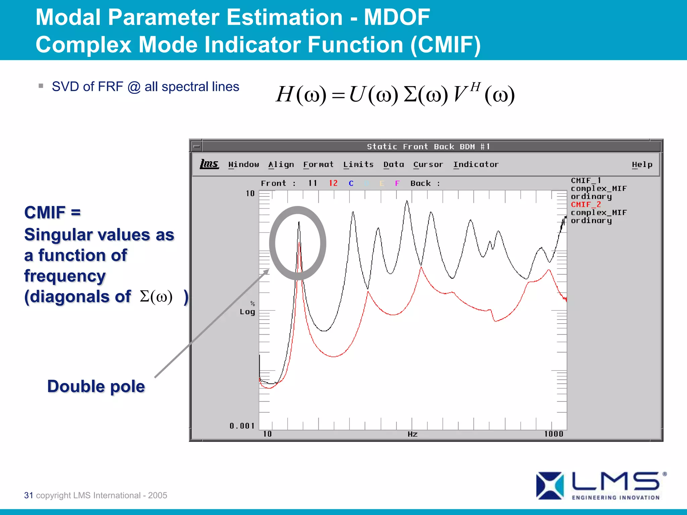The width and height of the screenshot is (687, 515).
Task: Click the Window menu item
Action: (x=244, y=164)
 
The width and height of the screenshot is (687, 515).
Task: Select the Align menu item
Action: (x=281, y=164)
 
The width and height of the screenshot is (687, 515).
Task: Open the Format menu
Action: (x=318, y=164)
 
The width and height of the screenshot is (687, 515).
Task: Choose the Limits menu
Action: (x=358, y=164)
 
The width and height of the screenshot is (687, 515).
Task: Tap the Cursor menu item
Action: (x=428, y=164)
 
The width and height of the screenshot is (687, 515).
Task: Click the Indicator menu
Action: (x=476, y=164)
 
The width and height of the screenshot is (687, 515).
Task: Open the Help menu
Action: (x=642, y=164)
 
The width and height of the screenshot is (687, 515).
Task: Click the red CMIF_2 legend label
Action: (x=586, y=205)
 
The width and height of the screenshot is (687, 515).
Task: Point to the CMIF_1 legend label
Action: (x=586, y=180)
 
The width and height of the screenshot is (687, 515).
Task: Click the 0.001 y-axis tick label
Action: (x=242, y=426)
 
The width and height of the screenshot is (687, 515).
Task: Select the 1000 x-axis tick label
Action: (x=553, y=434)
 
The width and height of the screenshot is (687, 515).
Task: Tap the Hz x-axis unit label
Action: (x=413, y=434)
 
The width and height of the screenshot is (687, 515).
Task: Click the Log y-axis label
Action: (x=247, y=312)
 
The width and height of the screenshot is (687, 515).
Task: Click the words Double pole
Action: (x=96, y=386)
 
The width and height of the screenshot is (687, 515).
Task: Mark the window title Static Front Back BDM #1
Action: (x=428, y=147)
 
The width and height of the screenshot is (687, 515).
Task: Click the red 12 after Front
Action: (x=333, y=183)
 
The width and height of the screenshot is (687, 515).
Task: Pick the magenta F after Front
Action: (x=397, y=183)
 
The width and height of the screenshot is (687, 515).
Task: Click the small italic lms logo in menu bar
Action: (x=209, y=164)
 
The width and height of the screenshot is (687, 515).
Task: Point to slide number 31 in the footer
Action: (x=29, y=495)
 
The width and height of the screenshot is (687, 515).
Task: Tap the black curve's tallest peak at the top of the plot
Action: (x=407, y=202)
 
